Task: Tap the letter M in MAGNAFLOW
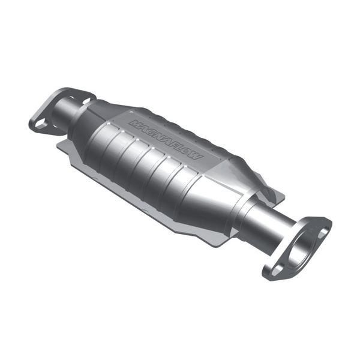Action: [x=134, y=123]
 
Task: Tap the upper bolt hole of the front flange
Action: [x=323, y=232]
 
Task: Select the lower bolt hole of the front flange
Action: [x=276, y=270]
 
